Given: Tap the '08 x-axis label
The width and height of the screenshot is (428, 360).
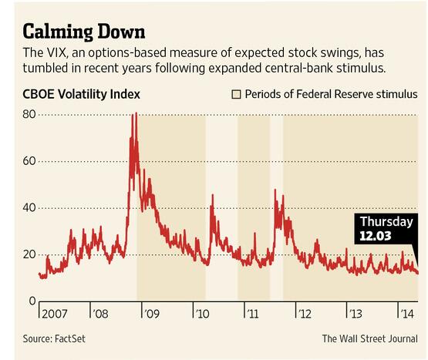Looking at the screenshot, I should click(100, 315).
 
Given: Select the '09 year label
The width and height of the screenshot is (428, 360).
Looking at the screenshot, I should click(151, 315).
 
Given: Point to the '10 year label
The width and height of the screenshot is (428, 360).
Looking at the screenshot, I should click(202, 315).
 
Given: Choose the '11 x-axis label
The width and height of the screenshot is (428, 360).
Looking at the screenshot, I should click(252, 315).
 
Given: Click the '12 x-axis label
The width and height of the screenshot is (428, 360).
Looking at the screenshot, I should click(303, 315).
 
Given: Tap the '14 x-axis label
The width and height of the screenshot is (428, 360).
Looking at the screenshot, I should click(405, 315).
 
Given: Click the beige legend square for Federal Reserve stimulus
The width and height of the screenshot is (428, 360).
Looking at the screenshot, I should click(237, 95).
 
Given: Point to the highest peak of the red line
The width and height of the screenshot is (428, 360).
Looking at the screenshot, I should click(135, 114).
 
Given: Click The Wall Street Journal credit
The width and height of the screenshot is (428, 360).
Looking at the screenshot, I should click(369, 338).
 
